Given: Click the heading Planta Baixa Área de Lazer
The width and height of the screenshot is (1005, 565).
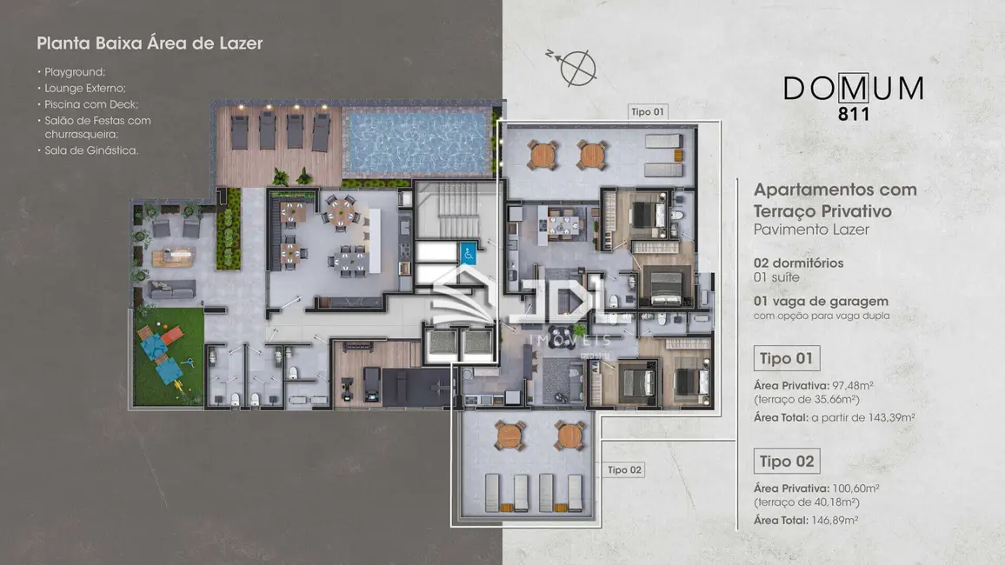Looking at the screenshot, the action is [x=150, y=43].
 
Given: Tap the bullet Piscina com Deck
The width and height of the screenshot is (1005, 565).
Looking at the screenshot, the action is [x=91, y=104].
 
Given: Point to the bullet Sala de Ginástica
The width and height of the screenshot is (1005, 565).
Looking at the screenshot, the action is [x=91, y=150].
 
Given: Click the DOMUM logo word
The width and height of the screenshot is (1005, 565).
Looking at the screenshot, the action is [x=854, y=89].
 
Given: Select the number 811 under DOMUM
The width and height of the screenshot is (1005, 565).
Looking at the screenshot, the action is [x=854, y=114].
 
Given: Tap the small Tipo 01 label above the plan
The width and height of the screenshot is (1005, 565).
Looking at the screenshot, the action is [x=648, y=111].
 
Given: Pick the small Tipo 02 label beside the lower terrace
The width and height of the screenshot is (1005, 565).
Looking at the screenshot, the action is [x=624, y=469].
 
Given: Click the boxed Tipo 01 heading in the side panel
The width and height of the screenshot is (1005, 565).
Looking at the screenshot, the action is [x=787, y=358].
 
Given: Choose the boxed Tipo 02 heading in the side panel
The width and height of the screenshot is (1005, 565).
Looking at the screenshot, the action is [x=787, y=462].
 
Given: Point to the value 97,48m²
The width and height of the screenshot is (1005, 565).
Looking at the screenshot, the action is [x=853, y=386].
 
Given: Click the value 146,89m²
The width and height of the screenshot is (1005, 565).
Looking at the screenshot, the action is [x=835, y=520].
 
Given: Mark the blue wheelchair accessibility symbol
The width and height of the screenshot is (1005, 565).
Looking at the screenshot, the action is [x=468, y=253].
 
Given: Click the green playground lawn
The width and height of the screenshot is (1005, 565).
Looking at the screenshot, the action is [x=169, y=356].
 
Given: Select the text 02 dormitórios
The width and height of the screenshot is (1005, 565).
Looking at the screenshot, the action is [x=799, y=263].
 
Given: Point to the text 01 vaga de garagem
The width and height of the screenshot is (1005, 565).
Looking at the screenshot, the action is [x=821, y=301].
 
